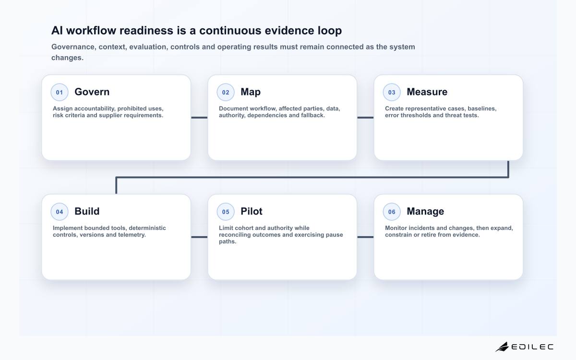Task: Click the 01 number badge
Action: tap(60, 92)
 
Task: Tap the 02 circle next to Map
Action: tap(226, 92)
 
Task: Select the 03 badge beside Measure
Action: tap(392, 92)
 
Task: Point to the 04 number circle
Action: tap(60, 212)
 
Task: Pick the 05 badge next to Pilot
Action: tap(226, 212)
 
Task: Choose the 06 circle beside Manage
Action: tap(392, 212)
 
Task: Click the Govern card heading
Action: tap(92, 92)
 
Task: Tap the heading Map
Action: tap(251, 92)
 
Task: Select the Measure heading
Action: tap(427, 92)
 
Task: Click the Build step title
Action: tap(87, 211)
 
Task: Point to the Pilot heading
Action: tap(251, 211)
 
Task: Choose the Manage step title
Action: tap(425, 212)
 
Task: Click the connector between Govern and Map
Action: tap(199, 118)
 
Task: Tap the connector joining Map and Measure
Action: tap(365, 118)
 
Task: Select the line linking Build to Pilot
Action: tap(199, 237)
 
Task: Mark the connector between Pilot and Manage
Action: tap(365, 237)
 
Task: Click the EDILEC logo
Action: tap(524, 347)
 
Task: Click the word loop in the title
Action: tap(330, 31)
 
